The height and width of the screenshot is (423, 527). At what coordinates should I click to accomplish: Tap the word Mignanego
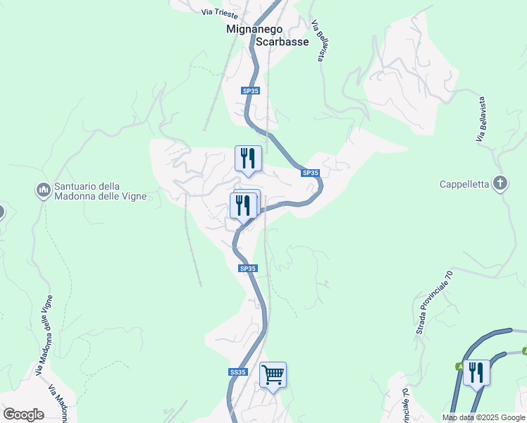(254, 30)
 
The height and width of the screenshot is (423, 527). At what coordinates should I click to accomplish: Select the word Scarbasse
(283, 42)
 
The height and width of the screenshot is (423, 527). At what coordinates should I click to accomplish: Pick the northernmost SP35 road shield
(250, 91)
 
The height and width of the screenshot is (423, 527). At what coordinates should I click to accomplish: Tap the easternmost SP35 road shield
(311, 173)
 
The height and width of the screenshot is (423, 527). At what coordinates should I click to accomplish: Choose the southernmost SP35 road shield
(248, 269)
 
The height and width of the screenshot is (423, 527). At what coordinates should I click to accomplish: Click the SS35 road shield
(238, 372)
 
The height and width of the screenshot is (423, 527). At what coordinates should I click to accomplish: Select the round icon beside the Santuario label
(42, 190)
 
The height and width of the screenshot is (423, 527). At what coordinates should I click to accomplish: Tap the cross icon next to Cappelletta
(500, 184)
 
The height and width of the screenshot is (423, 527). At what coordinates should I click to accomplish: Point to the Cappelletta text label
(464, 185)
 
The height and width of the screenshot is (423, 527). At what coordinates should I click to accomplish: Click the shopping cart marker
(273, 374)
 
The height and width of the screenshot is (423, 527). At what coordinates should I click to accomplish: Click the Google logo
(23, 414)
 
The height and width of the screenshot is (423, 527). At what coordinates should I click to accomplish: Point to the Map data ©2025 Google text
(483, 417)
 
